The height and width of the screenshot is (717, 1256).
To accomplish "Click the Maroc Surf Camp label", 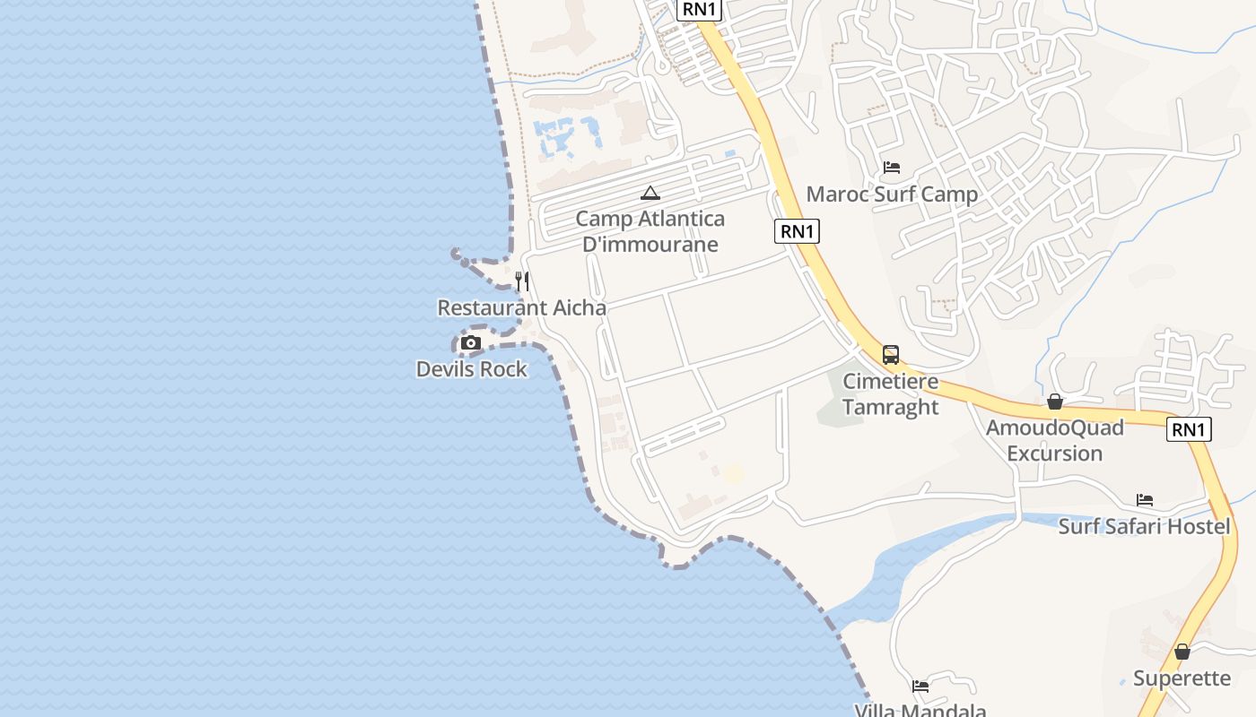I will (x=892, y=194).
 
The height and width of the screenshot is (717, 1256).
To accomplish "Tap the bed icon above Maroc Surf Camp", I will (x=892, y=168).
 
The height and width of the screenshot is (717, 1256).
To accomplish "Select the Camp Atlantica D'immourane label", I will (x=650, y=231).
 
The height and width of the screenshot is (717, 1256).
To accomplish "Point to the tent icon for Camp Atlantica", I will (x=650, y=193).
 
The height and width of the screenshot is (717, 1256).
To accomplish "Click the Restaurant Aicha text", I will (x=521, y=307).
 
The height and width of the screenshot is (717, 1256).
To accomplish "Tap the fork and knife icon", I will (x=522, y=281).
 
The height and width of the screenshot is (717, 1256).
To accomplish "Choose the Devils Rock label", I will (x=472, y=368).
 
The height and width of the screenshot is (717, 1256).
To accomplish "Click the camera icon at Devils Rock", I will (x=471, y=343).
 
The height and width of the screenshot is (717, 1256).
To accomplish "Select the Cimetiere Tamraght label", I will (x=891, y=394).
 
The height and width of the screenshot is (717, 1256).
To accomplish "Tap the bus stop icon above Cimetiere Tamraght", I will (x=891, y=355).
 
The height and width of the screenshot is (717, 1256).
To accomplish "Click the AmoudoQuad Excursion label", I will (x=1055, y=440).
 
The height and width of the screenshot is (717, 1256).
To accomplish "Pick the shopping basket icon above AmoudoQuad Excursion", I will (x=1055, y=402).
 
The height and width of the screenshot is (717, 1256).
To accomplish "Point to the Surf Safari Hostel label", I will (x=1144, y=526).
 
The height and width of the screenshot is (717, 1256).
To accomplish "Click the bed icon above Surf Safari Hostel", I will (x=1145, y=500).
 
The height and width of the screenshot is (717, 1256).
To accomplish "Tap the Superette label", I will (x=1182, y=678).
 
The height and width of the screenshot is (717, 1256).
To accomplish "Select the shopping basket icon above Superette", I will (x=1182, y=652).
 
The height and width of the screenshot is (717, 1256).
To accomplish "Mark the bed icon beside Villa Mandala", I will (x=920, y=687).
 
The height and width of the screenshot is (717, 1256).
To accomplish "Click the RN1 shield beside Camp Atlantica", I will (x=797, y=231).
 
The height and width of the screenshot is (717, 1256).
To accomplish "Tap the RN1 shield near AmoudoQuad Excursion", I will (x=1189, y=429).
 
